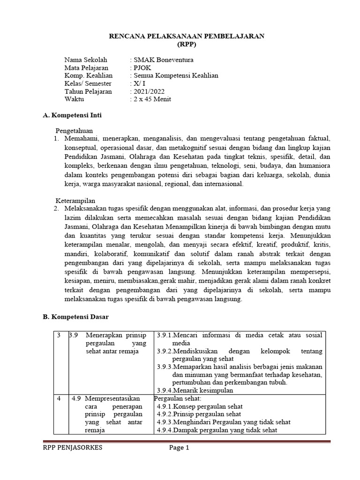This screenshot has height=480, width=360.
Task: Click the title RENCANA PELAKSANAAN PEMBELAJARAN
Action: [x=187, y=36]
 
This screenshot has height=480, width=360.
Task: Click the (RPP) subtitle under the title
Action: [x=187, y=44]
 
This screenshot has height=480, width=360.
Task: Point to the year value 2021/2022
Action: [x=150, y=91]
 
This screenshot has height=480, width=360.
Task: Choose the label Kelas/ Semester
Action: [x=88, y=83]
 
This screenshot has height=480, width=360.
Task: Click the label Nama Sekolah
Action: [x=86, y=60]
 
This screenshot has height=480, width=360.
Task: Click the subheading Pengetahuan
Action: [x=75, y=131]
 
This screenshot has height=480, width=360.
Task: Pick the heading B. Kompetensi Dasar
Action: [x=75, y=317]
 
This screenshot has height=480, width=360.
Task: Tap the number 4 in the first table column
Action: [x=59, y=398]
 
